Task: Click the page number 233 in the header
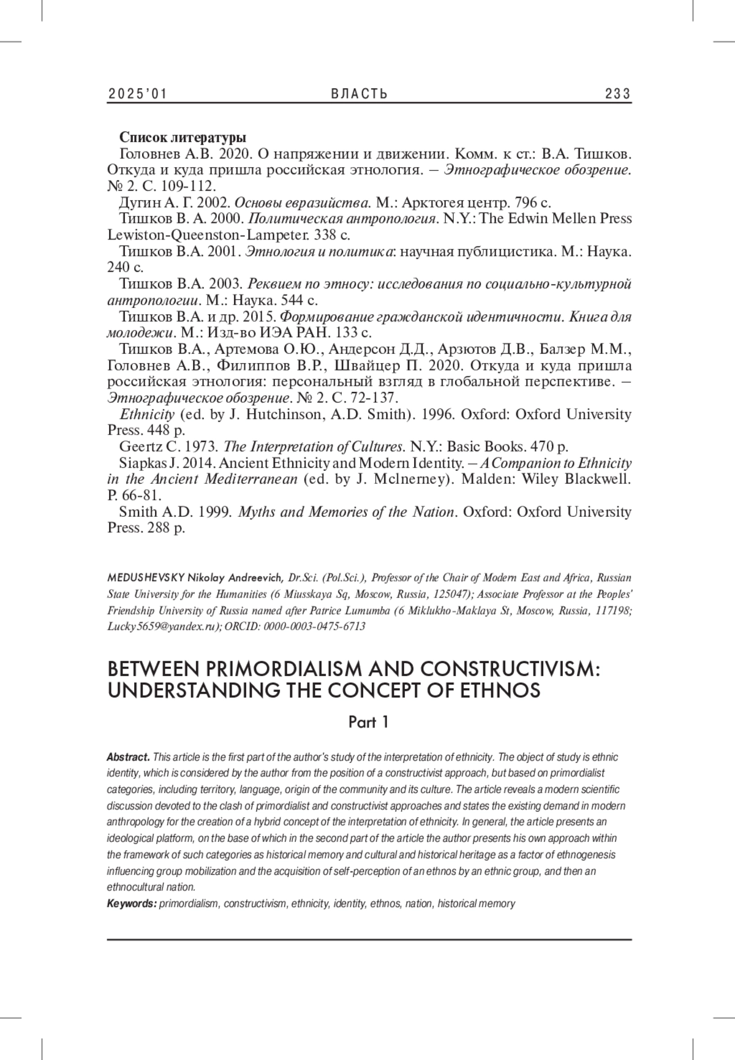pyautogui.click(x=617, y=94)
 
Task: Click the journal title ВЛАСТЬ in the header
pyautogui.click(x=360, y=94)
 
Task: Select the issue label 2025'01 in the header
pyautogui.click(x=138, y=94)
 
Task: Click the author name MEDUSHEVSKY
pyautogui.click(x=146, y=577)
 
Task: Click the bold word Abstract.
pyautogui.click(x=128, y=757)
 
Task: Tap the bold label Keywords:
pyautogui.click(x=132, y=903)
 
